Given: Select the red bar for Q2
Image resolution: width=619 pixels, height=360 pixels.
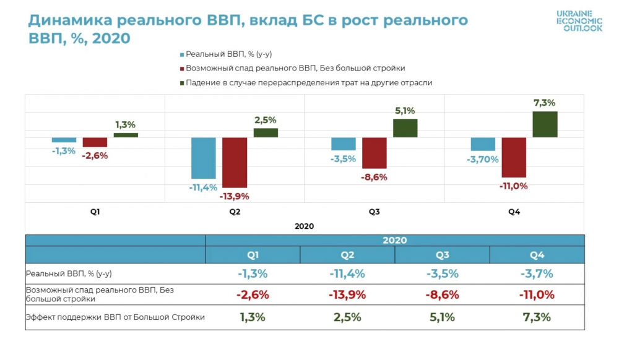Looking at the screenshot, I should tap(235, 163).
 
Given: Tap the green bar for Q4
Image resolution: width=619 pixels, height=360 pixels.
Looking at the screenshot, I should tap(545, 124).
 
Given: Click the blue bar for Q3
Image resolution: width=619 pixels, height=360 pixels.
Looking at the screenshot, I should tap(344, 144).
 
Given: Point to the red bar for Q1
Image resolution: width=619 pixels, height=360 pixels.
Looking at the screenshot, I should tap(95, 142).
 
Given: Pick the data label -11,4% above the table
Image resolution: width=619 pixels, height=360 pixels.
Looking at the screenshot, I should tap(204, 187).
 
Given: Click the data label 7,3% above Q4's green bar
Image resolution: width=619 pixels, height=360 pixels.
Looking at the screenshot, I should tap(544, 103).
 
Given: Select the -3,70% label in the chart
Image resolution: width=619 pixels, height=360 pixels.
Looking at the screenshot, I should tap(482, 159).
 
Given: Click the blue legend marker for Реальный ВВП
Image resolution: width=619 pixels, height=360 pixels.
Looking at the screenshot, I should tap(181, 54).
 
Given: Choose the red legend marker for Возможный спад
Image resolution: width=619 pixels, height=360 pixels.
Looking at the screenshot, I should tap(181, 68).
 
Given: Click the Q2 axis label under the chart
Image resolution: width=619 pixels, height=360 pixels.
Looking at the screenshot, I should tap(235, 212).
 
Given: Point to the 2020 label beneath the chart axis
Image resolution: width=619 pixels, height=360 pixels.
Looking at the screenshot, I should tap(304, 226).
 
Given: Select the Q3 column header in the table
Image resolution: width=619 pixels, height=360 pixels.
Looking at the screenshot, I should tap(442, 255).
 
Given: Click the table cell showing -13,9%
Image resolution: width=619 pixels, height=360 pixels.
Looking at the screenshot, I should tap(347, 295).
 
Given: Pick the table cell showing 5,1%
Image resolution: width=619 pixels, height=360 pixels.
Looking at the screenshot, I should tap(442, 317).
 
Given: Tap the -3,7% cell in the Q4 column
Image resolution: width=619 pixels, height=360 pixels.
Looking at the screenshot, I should tap(536, 273).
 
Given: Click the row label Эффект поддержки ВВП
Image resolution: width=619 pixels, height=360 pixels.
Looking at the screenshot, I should tap(115, 317).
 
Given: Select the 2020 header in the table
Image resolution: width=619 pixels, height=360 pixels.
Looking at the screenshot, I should tap(394, 240).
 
